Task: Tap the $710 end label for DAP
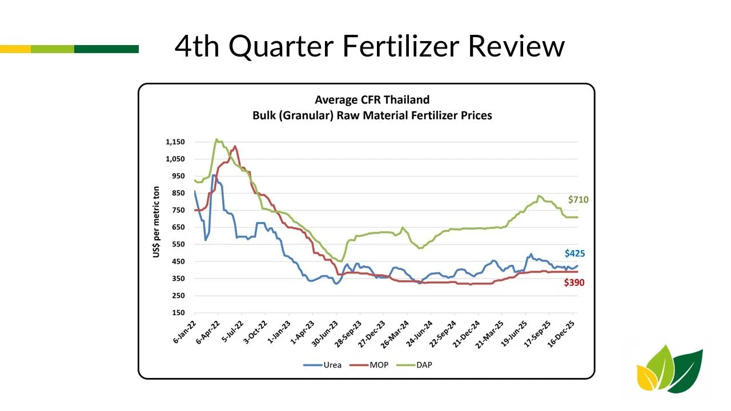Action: pyautogui.click(x=578, y=200)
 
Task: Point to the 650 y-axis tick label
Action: pyautogui.click(x=178, y=227)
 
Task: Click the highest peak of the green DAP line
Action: pyautogui.click(x=216, y=139)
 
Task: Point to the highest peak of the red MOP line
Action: pyautogui.click(x=235, y=146)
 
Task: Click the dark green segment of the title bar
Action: pyautogui.click(x=106, y=49)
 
